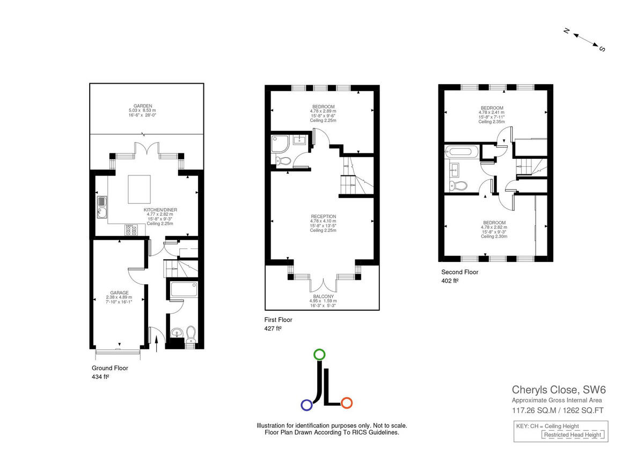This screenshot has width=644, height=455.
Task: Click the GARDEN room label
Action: (143, 106)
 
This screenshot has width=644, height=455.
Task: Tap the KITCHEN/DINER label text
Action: (160, 209)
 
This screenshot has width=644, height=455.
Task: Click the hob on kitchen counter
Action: (131, 230)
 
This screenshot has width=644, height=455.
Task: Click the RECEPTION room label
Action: (323, 216)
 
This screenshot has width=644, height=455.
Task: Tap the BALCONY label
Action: (323, 296)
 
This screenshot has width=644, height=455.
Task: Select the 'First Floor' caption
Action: (278, 319)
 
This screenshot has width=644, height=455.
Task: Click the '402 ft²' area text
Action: (450, 281)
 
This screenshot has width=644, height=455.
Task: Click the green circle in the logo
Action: (319, 354)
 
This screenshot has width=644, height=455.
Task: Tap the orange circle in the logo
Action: (346, 402)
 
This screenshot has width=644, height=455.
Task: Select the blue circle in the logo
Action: (306, 405)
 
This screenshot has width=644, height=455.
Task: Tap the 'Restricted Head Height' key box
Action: (573, 435)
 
